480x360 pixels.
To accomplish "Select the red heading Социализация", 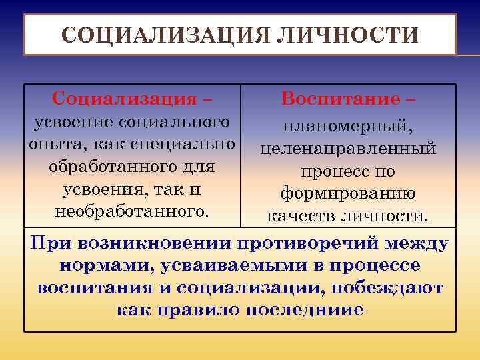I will click(124, 99).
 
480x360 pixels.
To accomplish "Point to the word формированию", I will click(348, 194).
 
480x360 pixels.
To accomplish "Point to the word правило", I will click(208, 310).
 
